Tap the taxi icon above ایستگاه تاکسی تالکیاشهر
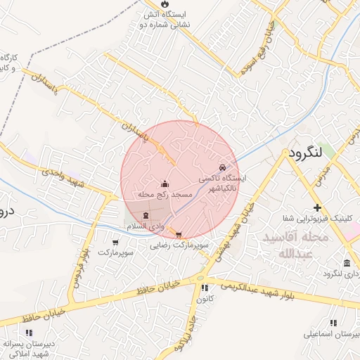pos(222,167)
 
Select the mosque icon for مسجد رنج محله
pos(165,185)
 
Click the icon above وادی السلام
pos(146,216)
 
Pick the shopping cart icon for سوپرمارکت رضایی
pos(179,236)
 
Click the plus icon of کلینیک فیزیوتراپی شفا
pos(318,208)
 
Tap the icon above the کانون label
pos(205,288)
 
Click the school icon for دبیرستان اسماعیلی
pos(333,323)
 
